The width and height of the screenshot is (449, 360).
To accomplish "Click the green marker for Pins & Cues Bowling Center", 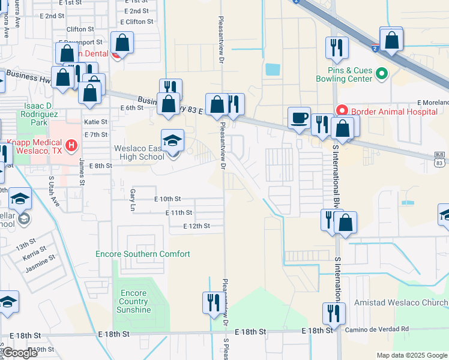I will pos(381,74).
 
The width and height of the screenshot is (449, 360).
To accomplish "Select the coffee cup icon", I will pos(298,118).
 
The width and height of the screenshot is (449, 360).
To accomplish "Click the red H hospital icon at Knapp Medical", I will pos(71,145).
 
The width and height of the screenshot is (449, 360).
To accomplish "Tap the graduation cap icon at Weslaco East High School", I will pos(172,142).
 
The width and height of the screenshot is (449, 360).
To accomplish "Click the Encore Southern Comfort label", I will pos(143,254).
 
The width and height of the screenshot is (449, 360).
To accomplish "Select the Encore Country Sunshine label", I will pos(134,301).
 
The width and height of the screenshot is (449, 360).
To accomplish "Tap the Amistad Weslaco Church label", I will pos(401,302).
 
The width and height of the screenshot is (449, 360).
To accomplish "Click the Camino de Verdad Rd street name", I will pos(376,329).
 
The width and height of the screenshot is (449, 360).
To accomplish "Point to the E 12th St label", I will pos(198,226).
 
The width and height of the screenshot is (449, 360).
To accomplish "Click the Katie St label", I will pos(95,122).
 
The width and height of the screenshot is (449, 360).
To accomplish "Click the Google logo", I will pos(20,353).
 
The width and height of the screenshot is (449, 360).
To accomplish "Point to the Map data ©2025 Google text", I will pos(411,355).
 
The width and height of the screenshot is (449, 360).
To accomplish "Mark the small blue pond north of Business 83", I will pos(273,69).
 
